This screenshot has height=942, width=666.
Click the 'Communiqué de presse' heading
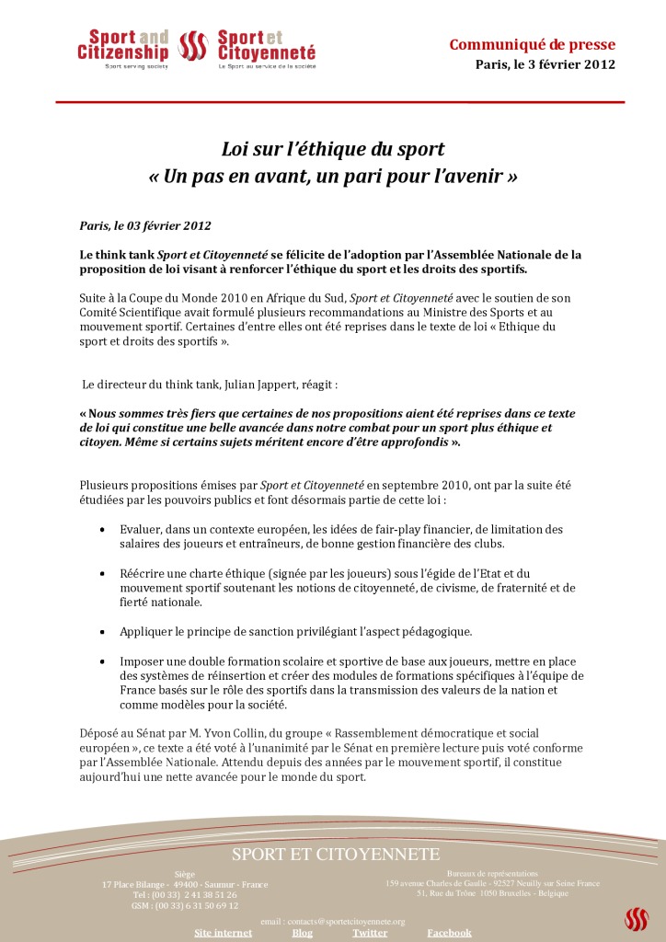coord(532,45)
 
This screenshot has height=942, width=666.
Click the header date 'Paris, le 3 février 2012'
coord(545,64)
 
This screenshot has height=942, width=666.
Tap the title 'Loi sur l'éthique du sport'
coord(332,148)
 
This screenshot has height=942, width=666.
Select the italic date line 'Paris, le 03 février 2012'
coord(145,225)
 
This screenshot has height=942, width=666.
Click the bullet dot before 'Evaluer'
coord(101,530)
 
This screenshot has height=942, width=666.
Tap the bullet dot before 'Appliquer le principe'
coord(101,632)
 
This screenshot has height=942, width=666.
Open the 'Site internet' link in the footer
coord(223,933)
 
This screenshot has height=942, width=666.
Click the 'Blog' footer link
coord(302,933)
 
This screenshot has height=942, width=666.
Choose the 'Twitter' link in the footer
coord(369,933)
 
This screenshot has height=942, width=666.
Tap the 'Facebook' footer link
coord(449,933)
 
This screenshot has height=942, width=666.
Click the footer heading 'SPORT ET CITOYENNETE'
coord(336,855)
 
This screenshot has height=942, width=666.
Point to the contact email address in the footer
coord(333,921)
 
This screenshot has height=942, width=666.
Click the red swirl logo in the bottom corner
coord(636,918)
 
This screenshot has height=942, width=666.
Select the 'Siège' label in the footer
coord(184,874)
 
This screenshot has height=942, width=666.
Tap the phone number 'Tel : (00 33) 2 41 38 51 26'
coord(184,894)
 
